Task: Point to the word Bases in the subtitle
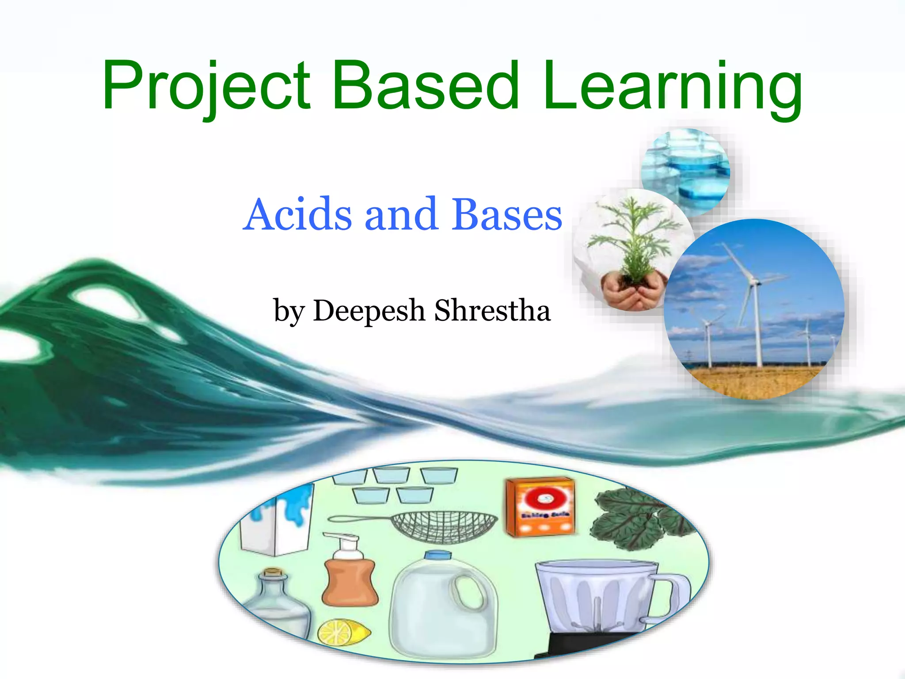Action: pos(506,214)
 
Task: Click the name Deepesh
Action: pos(369,310)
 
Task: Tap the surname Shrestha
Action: pos(493,310)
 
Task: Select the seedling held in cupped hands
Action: pos(634,248)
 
